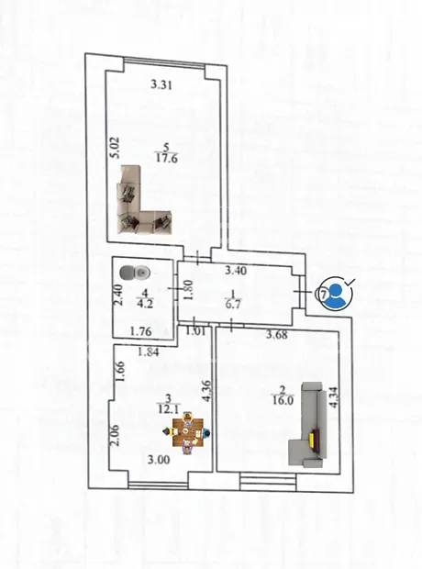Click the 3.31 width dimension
[x=161, y=85]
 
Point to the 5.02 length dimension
[x=116, y=148]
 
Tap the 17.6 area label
[x=167, y=159]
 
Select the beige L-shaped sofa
[x=145, y=201]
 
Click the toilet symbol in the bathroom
[x=135, y=273]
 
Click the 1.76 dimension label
[x=140, y=331]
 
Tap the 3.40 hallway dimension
[x=236, y=271]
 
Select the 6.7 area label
[x=233, y=304]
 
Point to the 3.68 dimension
[x=277, y=334]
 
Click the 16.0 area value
[x=283, y=401]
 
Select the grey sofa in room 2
[x=308, y=423]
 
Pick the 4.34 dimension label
[x=334, y=397]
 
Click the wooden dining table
[x=187, y=432]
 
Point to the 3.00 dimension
[x=159, y=460]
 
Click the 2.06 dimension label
[x=115, y=435]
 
